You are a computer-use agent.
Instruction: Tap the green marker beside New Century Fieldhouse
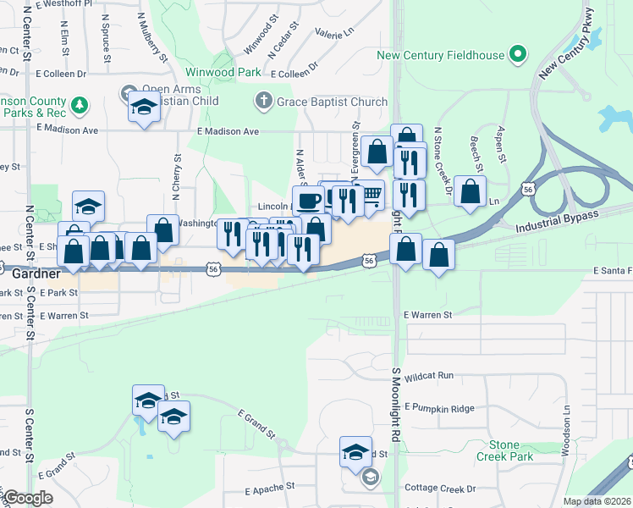pos(518,56)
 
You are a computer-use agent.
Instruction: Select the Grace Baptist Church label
pos(333,102)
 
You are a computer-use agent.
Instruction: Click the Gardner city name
pos(36,274)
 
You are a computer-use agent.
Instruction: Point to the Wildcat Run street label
pos(430,375)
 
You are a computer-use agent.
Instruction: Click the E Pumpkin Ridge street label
pos(439,408)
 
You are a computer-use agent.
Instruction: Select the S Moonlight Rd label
pos(395,406)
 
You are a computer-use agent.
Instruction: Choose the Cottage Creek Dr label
pos(440,489)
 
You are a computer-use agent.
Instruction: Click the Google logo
pos(27,498)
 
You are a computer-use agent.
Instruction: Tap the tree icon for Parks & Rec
pos(80,105)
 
